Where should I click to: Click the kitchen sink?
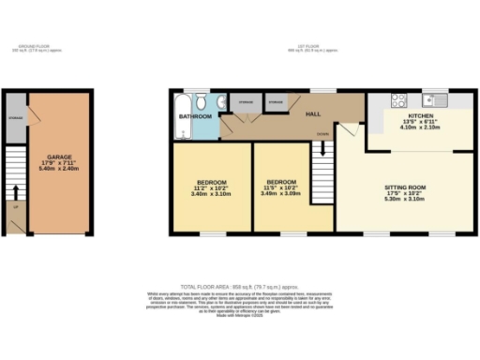point(434,99)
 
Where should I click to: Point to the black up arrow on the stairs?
point(14,195)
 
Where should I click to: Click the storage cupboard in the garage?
point(15,119)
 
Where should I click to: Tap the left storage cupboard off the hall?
point(245,101)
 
